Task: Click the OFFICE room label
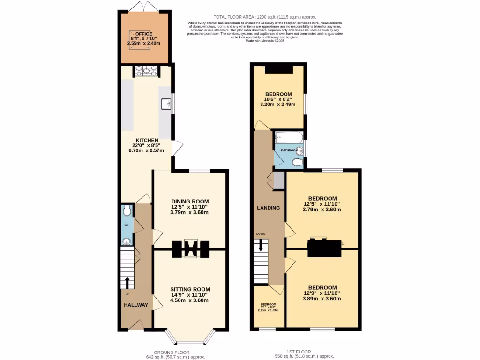pyautogui.click(x=144, y=34)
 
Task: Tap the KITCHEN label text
pyautogui.click(x=147, y=140)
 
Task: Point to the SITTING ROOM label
pyautogui.click(x=189, y=289)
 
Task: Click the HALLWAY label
pyautogui.click(x=136, y=305)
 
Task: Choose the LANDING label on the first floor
pyautogui.click(x=269, y=208)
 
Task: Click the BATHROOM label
pyautogui.click(x=289, y=150)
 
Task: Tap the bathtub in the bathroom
pyautogui.click(x=289, y=138)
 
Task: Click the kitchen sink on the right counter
pyautogui.click(x=165, y=104)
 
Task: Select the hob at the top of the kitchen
pyautogui.click(x=147, y=71)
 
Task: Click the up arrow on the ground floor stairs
pyautogui.click(x=127, y=282)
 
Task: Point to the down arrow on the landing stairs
pyautogui.click(x=261, y=245)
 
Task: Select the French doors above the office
pyautogui.click(x=143, y=6)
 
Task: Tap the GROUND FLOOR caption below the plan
pyautogui.click(x=172, y=352)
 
